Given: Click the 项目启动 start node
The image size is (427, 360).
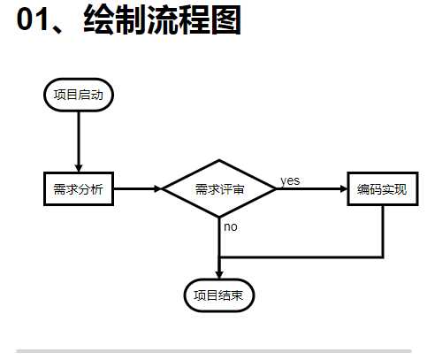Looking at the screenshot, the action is [x=79, y=95].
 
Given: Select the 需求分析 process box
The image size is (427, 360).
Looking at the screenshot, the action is [x=79, y=188].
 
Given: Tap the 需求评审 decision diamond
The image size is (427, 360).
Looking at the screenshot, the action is [x=219, y=188].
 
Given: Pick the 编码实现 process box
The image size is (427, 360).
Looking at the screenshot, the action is [x=383, y=188].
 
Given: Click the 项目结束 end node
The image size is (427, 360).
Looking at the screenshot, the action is [x=219, y=295].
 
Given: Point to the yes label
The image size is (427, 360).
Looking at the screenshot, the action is [x=290, y=180].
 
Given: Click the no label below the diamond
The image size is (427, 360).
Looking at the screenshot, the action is [x=231, y=227].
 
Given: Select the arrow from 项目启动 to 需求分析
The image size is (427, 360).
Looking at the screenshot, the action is [x=79, y=142].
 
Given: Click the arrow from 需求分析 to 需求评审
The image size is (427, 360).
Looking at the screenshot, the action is [x=138, y=188].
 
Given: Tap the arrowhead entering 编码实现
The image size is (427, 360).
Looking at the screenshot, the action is [x=344, y=188].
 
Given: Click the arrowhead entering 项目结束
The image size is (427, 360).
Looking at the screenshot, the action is [x=219, y=274].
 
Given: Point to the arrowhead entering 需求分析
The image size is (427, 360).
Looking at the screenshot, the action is [x=79, y=168].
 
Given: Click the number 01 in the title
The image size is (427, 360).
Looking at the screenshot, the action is [x=32, y=19].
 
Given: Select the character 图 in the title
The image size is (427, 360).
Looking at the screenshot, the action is [x=226, y=19].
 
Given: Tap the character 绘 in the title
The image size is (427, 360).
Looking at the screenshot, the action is [x=99, y=19].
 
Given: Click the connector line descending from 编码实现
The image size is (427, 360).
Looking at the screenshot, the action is [x=383, y=232].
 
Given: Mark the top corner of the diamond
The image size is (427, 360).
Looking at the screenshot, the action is [x=219, y=160].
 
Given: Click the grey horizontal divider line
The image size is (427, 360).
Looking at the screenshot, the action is [x=214, y=351].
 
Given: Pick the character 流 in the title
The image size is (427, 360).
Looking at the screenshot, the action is [x=163, y=19].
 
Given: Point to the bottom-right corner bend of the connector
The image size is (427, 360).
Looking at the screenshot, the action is [x=383, y=257].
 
